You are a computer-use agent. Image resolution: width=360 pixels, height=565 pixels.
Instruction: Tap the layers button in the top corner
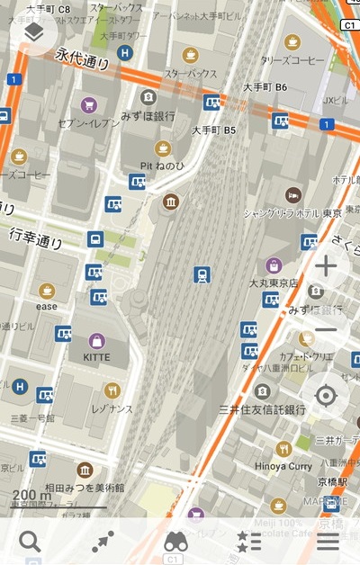33,33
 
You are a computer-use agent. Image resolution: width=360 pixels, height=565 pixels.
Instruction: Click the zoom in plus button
326,266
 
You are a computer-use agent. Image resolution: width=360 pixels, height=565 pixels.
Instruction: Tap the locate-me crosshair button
326,395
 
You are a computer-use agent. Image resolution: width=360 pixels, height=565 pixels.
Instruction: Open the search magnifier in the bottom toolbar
31,542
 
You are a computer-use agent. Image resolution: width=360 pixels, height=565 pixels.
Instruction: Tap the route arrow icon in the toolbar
103,542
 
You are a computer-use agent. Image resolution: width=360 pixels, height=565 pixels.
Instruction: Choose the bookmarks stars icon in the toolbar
249,542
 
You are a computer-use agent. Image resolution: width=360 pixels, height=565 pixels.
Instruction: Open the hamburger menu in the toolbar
328,542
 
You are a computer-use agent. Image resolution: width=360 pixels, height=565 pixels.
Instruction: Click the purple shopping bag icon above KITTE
97,341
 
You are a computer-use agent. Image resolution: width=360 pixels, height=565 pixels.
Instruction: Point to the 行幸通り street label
36,238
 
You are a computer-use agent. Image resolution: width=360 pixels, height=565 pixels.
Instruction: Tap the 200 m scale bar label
32,495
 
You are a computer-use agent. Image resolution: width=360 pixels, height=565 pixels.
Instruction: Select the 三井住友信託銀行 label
263,409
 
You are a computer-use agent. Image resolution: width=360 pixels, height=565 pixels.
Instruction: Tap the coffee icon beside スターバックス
190,55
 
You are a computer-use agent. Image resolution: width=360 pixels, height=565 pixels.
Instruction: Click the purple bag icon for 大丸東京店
274,265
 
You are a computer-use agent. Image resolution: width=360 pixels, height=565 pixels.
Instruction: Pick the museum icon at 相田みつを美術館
85,470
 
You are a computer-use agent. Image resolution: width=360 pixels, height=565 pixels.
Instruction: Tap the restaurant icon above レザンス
112,390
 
